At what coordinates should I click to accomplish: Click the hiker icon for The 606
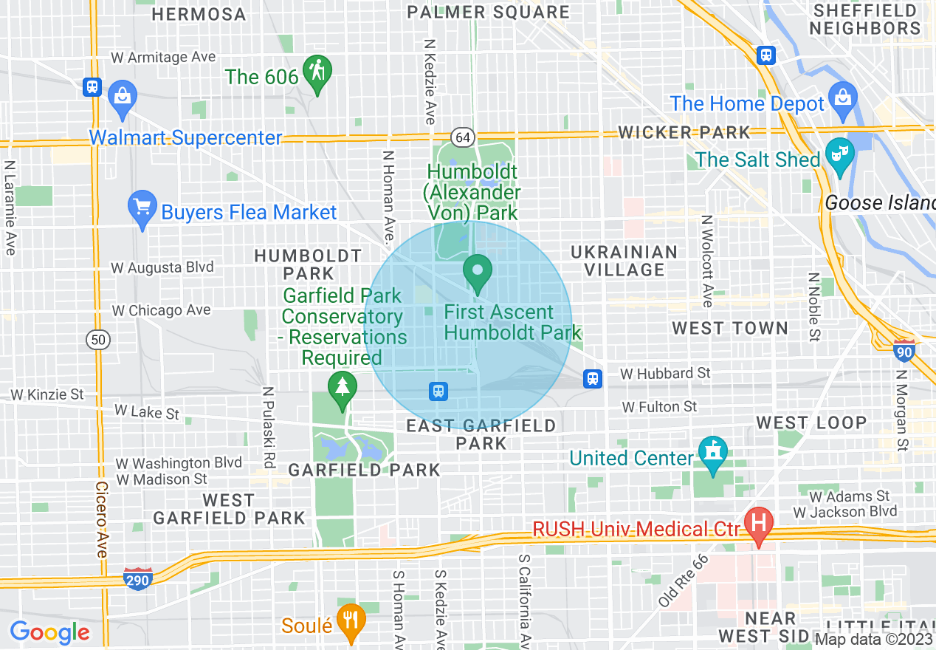317,73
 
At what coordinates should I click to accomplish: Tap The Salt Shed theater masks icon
839,155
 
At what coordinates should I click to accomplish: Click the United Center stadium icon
712,454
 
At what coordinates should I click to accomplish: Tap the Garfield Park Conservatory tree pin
342,389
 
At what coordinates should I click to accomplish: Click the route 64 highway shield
462,137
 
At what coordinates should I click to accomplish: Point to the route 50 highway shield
97,340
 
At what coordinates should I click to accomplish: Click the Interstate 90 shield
904,350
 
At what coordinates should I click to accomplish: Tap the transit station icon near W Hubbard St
592,379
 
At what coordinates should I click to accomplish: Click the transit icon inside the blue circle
438,391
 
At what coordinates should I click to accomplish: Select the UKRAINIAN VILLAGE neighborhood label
624,261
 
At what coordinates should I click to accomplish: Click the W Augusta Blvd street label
162,267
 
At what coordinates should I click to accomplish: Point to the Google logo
49,632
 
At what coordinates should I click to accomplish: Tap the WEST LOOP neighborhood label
811,422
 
